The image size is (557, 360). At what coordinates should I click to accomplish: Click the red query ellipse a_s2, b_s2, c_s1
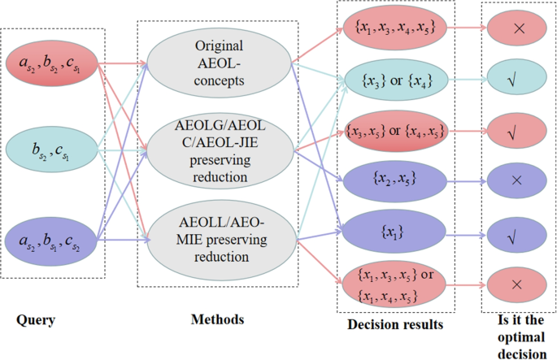point(53,63)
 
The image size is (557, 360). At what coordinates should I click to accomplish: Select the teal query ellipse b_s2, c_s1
point(53,152)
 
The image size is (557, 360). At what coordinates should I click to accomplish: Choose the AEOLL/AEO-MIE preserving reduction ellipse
point(220,239)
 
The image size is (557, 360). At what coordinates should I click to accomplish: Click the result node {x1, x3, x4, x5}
point(394,29)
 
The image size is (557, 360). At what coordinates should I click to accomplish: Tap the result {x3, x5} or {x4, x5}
point(394,130)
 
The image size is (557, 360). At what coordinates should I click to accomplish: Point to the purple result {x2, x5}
point(394,180)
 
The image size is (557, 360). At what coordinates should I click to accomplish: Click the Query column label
point(36,320)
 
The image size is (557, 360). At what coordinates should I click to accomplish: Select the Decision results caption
point(395,325)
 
